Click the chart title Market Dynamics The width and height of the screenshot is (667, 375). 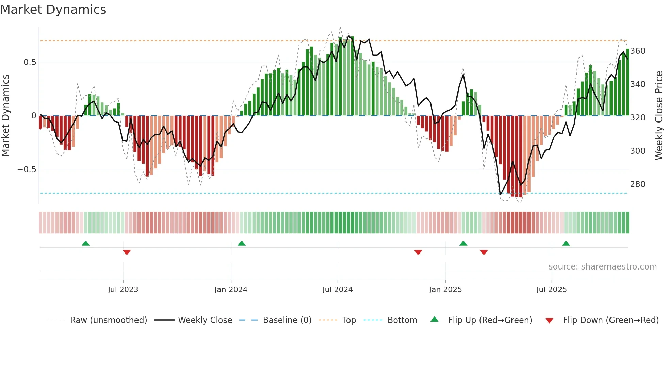(x=53, y=10)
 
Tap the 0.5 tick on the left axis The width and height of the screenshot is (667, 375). (x=30, y=62)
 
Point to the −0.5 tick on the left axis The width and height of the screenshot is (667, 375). (x=27, y=169)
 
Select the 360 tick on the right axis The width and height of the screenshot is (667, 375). (x=637, y=51)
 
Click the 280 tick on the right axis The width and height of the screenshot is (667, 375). (x=637, y=184)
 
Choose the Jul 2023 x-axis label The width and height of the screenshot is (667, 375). (x=123, y=290)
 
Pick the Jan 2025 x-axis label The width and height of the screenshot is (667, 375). (x=445, y=290)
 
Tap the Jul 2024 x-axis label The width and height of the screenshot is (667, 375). (x=337, y=290)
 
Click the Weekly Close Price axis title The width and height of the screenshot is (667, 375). (x=659, y=116)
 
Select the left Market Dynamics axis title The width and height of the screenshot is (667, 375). (x=5, y=116)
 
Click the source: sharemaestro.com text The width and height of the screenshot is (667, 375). (x=602, y=267)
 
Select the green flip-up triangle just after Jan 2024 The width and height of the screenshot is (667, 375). (x=242, y=243)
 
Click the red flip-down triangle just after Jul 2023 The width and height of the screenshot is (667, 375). (x=127, y=252)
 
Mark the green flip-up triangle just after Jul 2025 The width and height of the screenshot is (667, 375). (x=566, y=243)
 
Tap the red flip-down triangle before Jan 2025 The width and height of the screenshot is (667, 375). (x=418, y=252)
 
